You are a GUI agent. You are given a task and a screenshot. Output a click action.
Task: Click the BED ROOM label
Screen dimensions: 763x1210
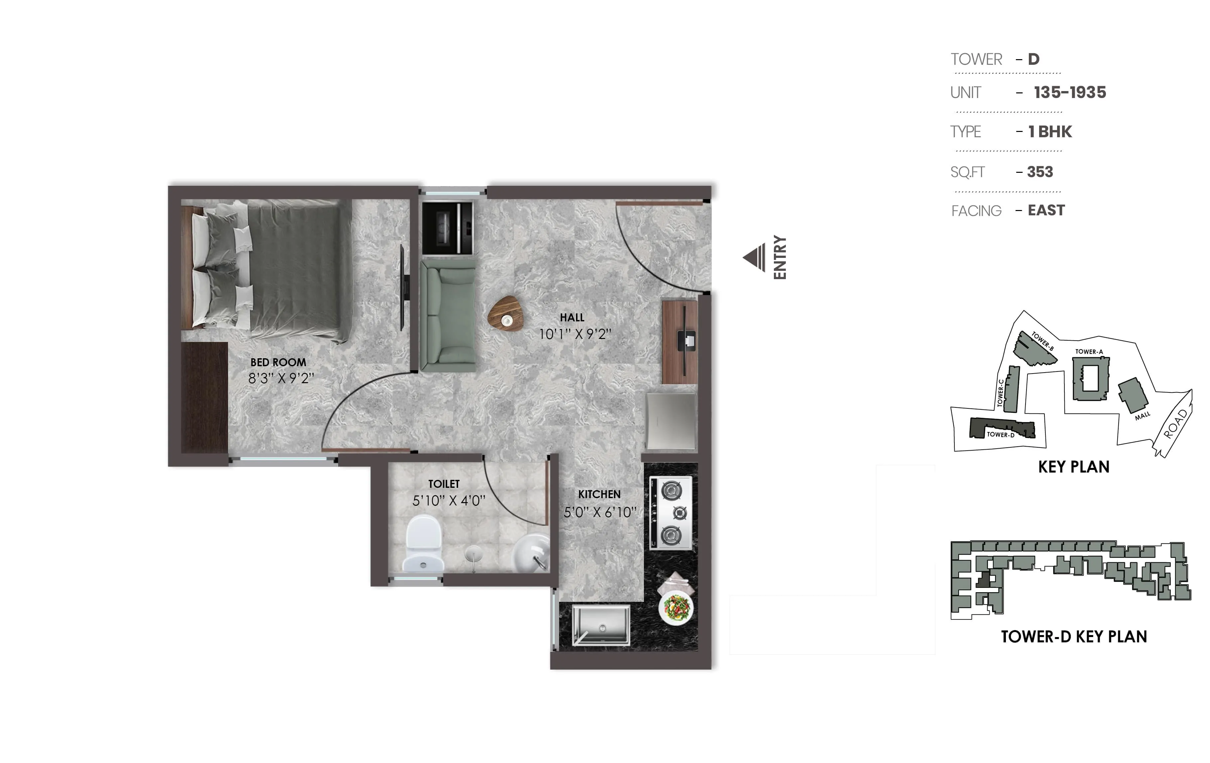tap(278, 362)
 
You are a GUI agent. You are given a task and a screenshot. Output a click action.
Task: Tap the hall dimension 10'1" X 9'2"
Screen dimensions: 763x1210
tap(575, 334)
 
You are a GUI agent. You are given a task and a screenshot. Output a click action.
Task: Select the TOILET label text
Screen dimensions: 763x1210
tap(444, 484)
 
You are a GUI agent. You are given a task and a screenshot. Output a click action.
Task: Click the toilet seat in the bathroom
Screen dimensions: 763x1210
tap(423, 544)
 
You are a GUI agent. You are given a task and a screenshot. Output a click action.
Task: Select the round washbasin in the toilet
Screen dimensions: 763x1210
tap(531, 553)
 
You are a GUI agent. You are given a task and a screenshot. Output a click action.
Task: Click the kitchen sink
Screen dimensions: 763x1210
tap(601, 624)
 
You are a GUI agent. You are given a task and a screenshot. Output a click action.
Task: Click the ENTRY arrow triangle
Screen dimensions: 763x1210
tap(754, 258)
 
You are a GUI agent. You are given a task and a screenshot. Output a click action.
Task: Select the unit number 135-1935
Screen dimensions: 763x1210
tap(1070, 92)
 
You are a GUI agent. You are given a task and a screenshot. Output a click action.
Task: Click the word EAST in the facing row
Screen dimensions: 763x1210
tap(1046, 210)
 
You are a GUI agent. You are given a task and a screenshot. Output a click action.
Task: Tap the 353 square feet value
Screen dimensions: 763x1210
tap(1040, 172)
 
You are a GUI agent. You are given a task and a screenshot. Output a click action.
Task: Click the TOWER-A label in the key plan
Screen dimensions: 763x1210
tap(1089, 352)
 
